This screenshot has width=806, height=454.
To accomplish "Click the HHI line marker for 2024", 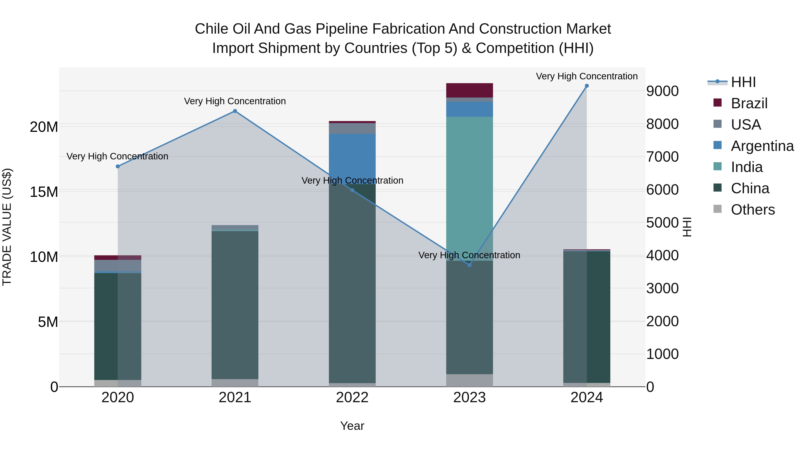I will click(x=587, y=86).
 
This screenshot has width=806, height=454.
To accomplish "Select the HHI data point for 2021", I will click(x=235, y=111).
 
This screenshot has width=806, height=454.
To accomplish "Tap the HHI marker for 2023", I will click(x=469, y=265).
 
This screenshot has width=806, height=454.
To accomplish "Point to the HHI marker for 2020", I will click(x=118, y=166).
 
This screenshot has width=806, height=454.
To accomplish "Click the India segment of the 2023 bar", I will click(x=469, y=188).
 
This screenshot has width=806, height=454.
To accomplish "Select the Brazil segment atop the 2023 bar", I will click(x=469, y=90).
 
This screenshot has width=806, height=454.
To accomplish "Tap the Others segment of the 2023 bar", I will click(x=469, y=380).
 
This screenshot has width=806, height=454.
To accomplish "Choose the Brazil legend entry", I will click(x=749, y=103).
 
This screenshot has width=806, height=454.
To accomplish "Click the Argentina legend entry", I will click(x=762, y=146).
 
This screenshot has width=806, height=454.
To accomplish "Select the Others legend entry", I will click(x=752, y=210).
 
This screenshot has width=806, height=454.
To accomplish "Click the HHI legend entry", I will click(x=743, y=82).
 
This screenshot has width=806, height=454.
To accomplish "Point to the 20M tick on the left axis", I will click(x=44, y=127).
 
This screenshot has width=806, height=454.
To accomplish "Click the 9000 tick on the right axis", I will click(x=662, y=91).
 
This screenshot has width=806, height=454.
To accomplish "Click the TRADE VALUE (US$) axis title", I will click(x=7, y=227).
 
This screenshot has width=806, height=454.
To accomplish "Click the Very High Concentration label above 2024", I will click(x=587, y=76).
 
